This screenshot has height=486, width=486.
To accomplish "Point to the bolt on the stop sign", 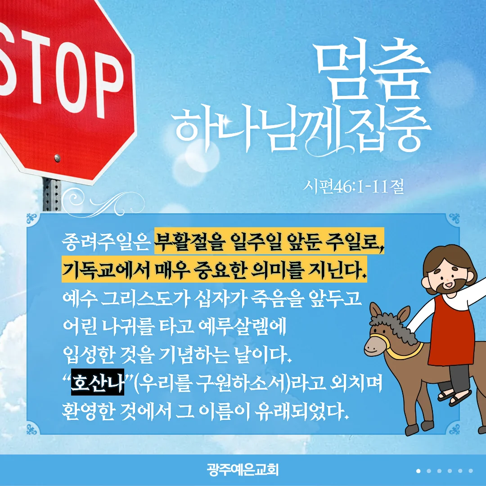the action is point(57,158).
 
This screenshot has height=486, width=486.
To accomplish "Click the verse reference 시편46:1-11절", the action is point(353,187).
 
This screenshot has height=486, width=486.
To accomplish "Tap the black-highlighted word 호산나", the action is point(98,382).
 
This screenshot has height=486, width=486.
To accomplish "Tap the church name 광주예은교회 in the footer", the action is point(243,470).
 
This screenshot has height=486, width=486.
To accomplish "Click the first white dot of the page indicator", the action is point(418,471).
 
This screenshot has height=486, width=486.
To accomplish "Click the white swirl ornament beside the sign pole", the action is point(102,203).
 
